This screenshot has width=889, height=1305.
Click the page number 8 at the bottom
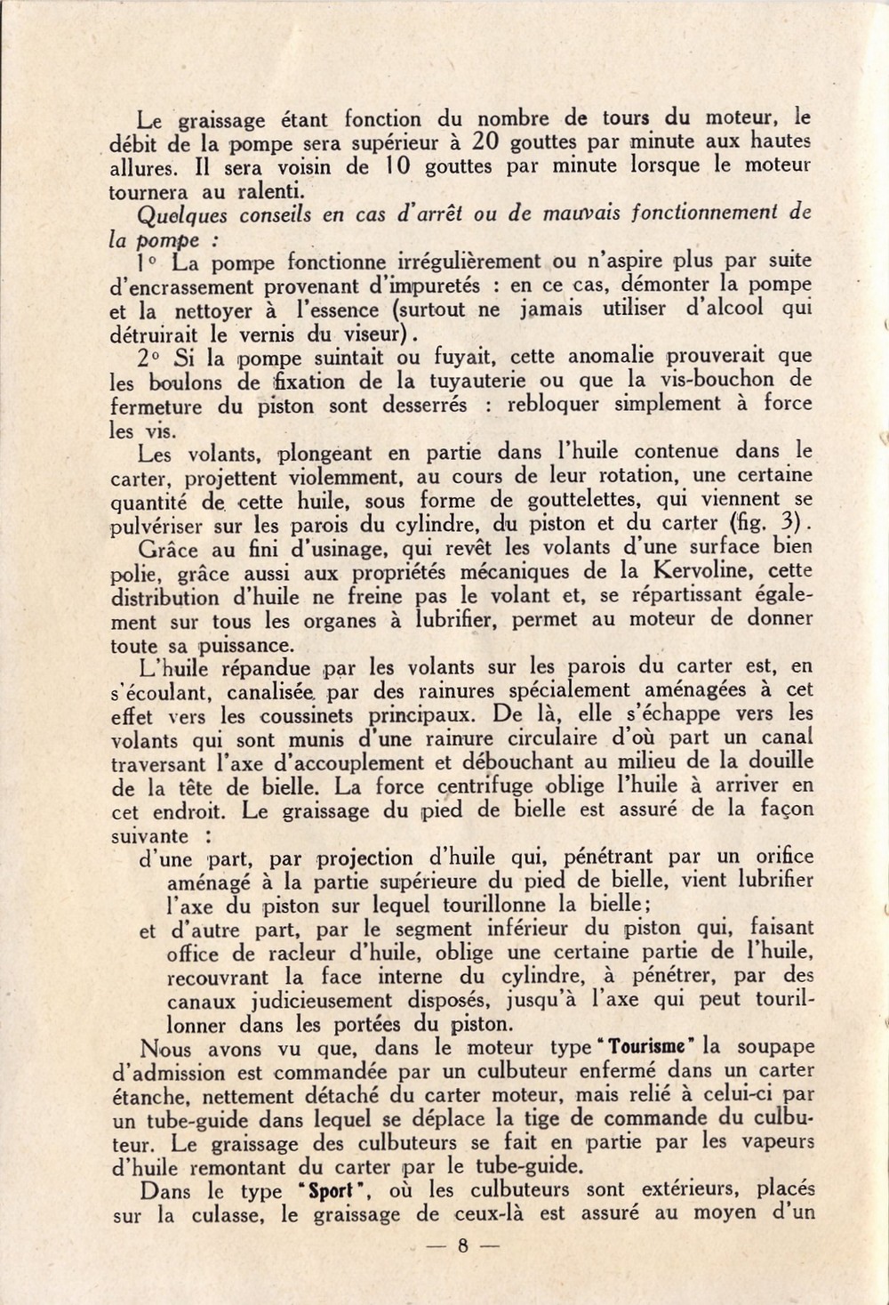[x=462, y=1245]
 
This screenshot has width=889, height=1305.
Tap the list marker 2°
[x=150, y=357]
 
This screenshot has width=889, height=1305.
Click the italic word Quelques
[x=177, y=213]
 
